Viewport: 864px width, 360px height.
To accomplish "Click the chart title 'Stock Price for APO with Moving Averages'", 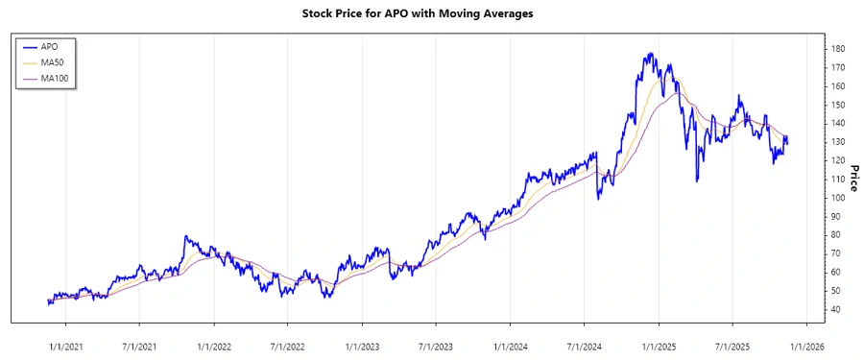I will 431,14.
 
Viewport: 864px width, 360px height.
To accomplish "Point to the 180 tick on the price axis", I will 838,49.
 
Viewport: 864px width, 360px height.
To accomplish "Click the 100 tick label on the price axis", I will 838,198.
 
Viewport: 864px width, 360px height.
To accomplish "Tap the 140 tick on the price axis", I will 838,124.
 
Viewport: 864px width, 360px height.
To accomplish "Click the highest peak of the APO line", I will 651,53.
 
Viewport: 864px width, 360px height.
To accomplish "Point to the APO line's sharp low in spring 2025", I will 697,180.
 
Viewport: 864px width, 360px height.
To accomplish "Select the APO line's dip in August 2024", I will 598,199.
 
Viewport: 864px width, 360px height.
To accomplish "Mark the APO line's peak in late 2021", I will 185,236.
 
